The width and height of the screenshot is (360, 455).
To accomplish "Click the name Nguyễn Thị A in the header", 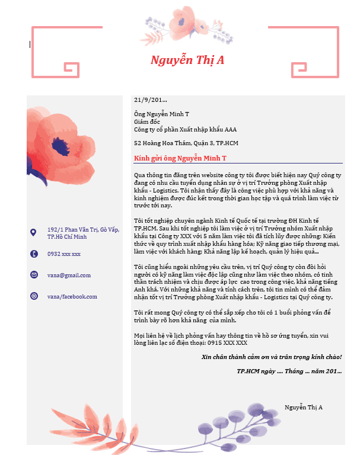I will coord(187,60).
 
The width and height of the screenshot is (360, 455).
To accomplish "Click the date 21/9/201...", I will coord(151,100).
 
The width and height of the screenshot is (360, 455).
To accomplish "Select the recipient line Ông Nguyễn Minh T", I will coord(161,114).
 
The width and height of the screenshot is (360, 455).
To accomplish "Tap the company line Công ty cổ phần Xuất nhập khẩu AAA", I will coord(185,129).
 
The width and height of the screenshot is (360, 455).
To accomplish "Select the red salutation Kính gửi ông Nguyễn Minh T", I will coord(180,158).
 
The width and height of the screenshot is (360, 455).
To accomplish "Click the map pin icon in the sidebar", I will coord(33,232).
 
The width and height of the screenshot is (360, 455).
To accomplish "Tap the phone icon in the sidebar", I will coord(33,254).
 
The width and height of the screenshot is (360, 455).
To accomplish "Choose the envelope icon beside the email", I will coord(33,275).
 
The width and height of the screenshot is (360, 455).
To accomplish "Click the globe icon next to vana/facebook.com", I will coord(33,296).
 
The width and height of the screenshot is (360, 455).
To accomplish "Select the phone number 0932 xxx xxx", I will coord(64,254).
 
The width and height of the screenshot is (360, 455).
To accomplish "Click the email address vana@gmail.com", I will coord(69,275).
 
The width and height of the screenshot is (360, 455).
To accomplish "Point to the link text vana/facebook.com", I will coord(72,296).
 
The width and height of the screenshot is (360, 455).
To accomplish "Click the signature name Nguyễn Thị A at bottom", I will coord(303,408).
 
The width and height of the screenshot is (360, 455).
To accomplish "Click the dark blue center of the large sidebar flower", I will coord(60,146).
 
